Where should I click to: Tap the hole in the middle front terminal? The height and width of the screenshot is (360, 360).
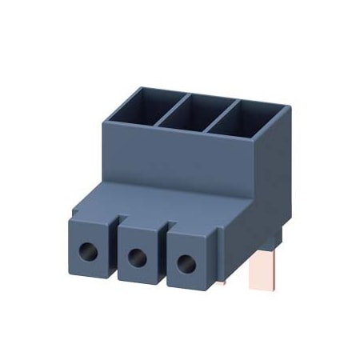(x=137, y=258)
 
